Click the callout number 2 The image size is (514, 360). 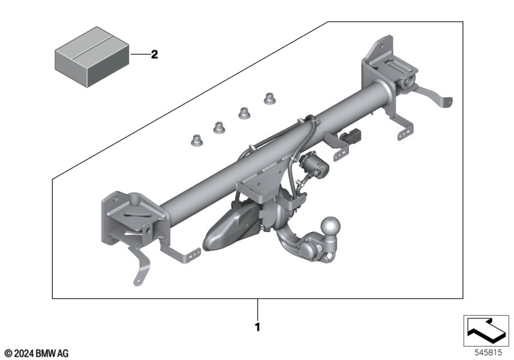coord(154,55)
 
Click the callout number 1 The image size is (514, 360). coord(258,327)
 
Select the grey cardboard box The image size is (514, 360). coord(92,57)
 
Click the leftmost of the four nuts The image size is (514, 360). coord(197,140)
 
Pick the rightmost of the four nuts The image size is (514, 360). coord(270,98)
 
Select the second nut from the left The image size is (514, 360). coord(219,127)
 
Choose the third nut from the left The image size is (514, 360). coord(244,113)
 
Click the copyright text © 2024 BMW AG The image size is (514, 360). coord(37,354)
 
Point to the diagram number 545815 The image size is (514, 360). coord(488,353)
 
